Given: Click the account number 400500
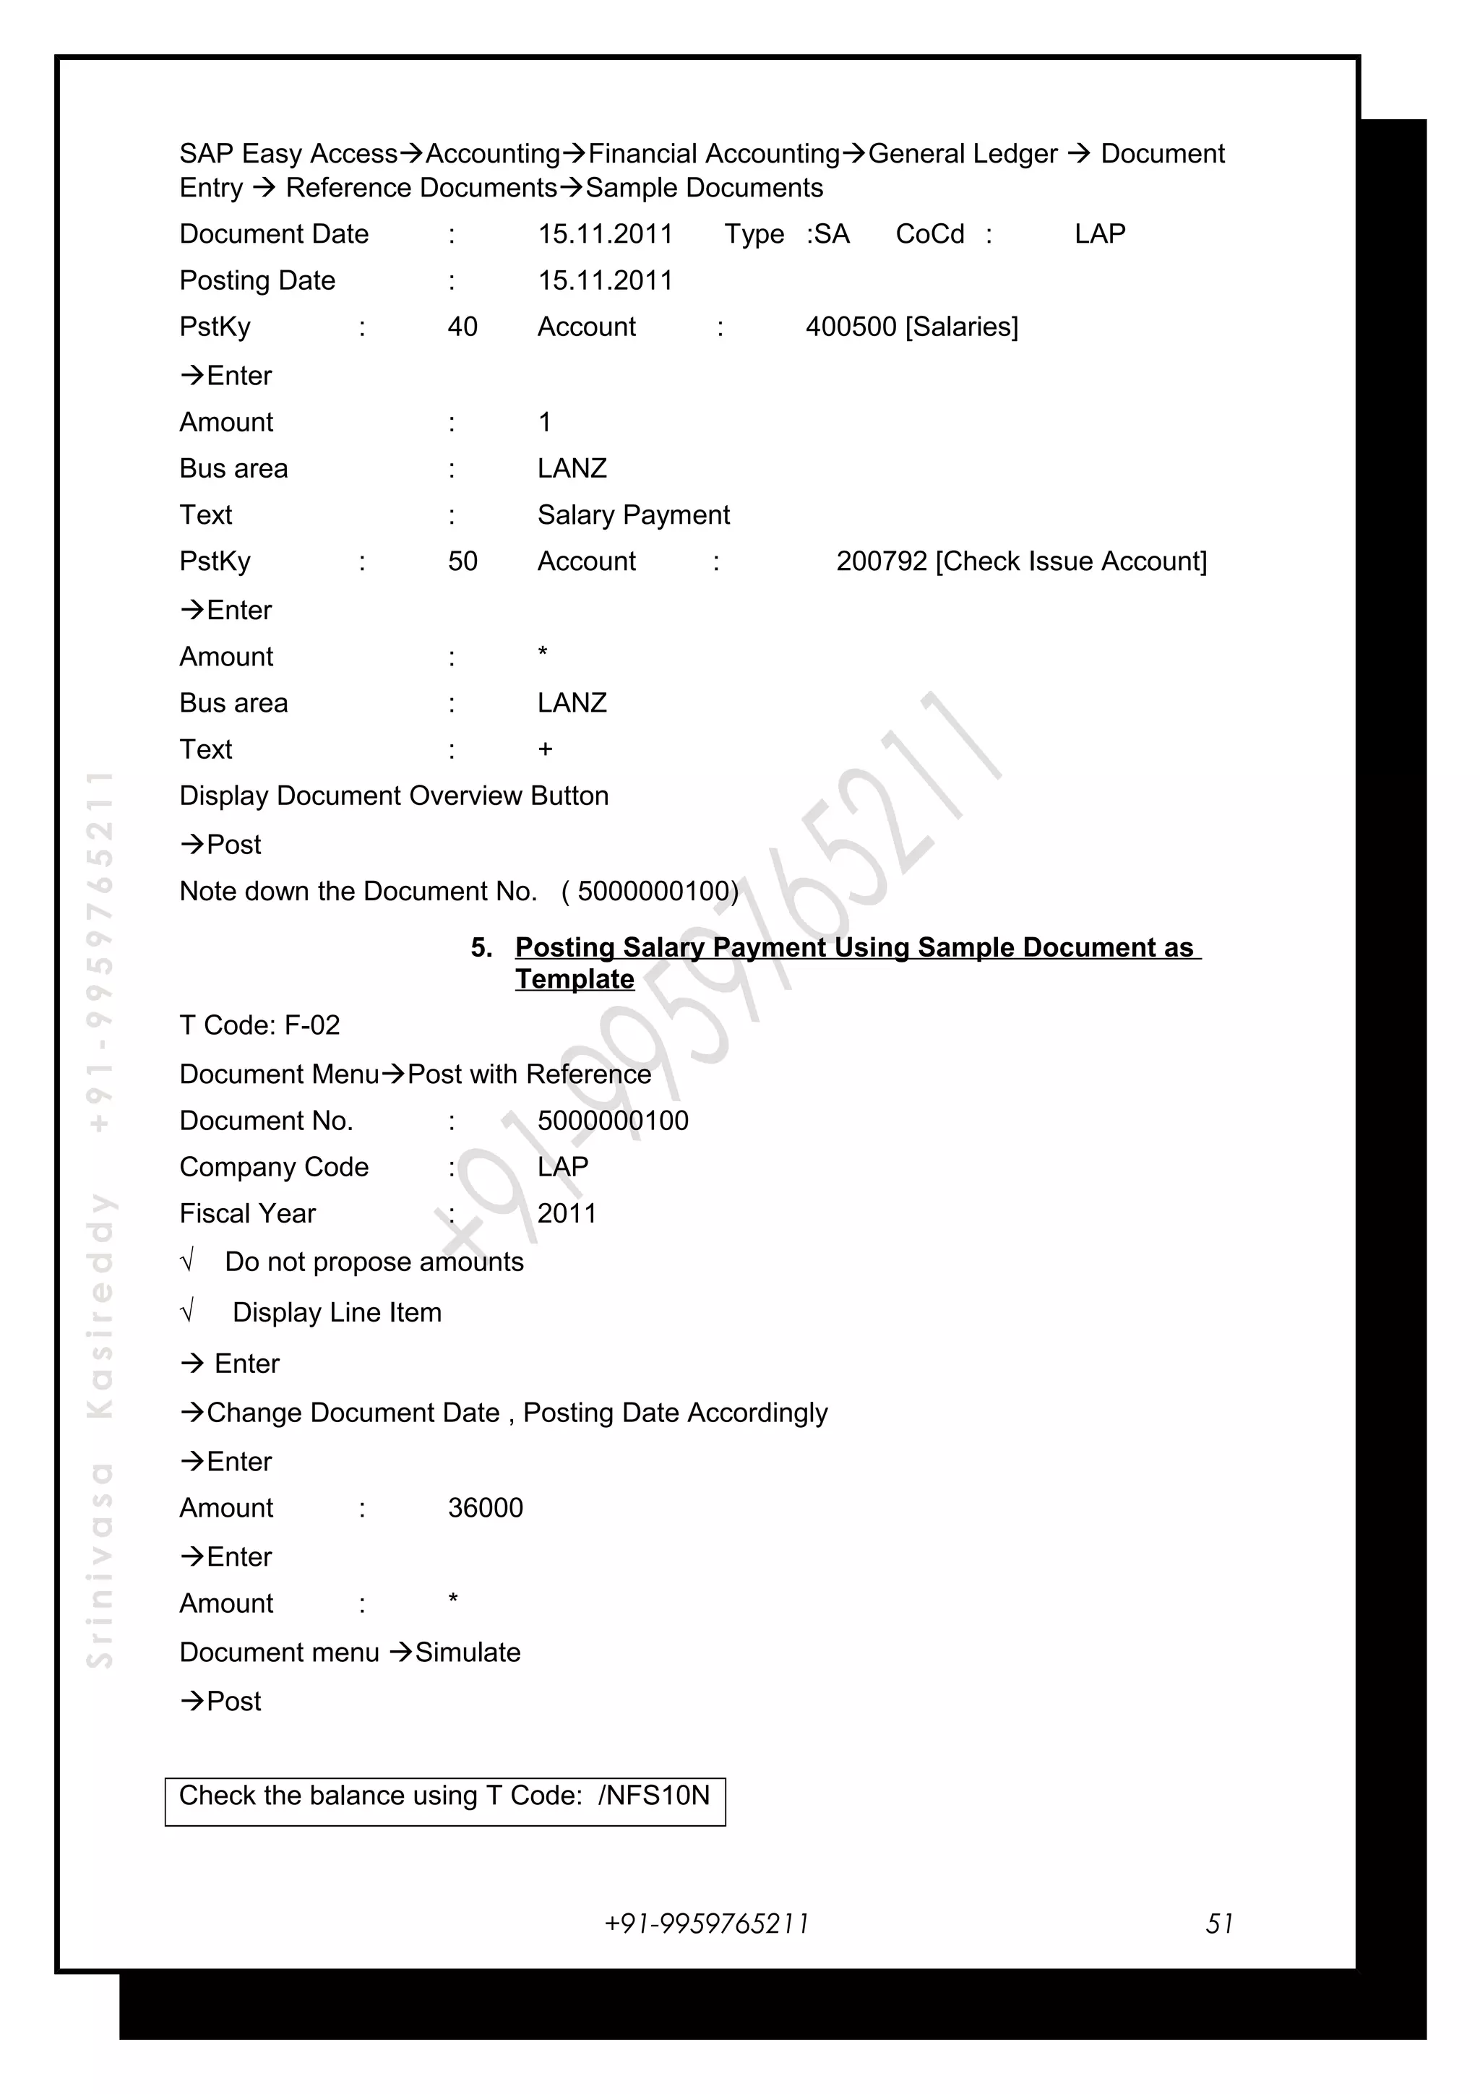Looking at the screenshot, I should (x=851, y=327).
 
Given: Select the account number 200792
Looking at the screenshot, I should (x=881, y=561).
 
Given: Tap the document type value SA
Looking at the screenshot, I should (x=832, y=234).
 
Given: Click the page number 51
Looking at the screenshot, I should (x=1219, y=1923).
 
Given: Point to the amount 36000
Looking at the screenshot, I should (x=485, y=1507).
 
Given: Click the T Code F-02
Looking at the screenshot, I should (x=312, y=1025).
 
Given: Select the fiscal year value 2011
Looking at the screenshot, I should (x=567, y=1213).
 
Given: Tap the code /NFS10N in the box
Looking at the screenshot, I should (x=654, y=1795).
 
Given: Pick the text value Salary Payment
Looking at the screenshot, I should (x=633, y=515).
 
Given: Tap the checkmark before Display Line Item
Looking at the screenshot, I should (x=188, y=1311).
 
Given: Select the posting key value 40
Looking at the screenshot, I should (x=462, y=327).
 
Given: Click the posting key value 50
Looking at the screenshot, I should (x=462, y=561).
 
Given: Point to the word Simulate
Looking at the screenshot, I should (x=468, y=1652).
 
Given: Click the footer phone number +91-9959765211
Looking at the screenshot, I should (x=707, y=1923).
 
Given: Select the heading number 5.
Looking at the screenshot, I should (x=481, y=947).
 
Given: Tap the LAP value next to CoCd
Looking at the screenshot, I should (x=1100, y=234).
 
